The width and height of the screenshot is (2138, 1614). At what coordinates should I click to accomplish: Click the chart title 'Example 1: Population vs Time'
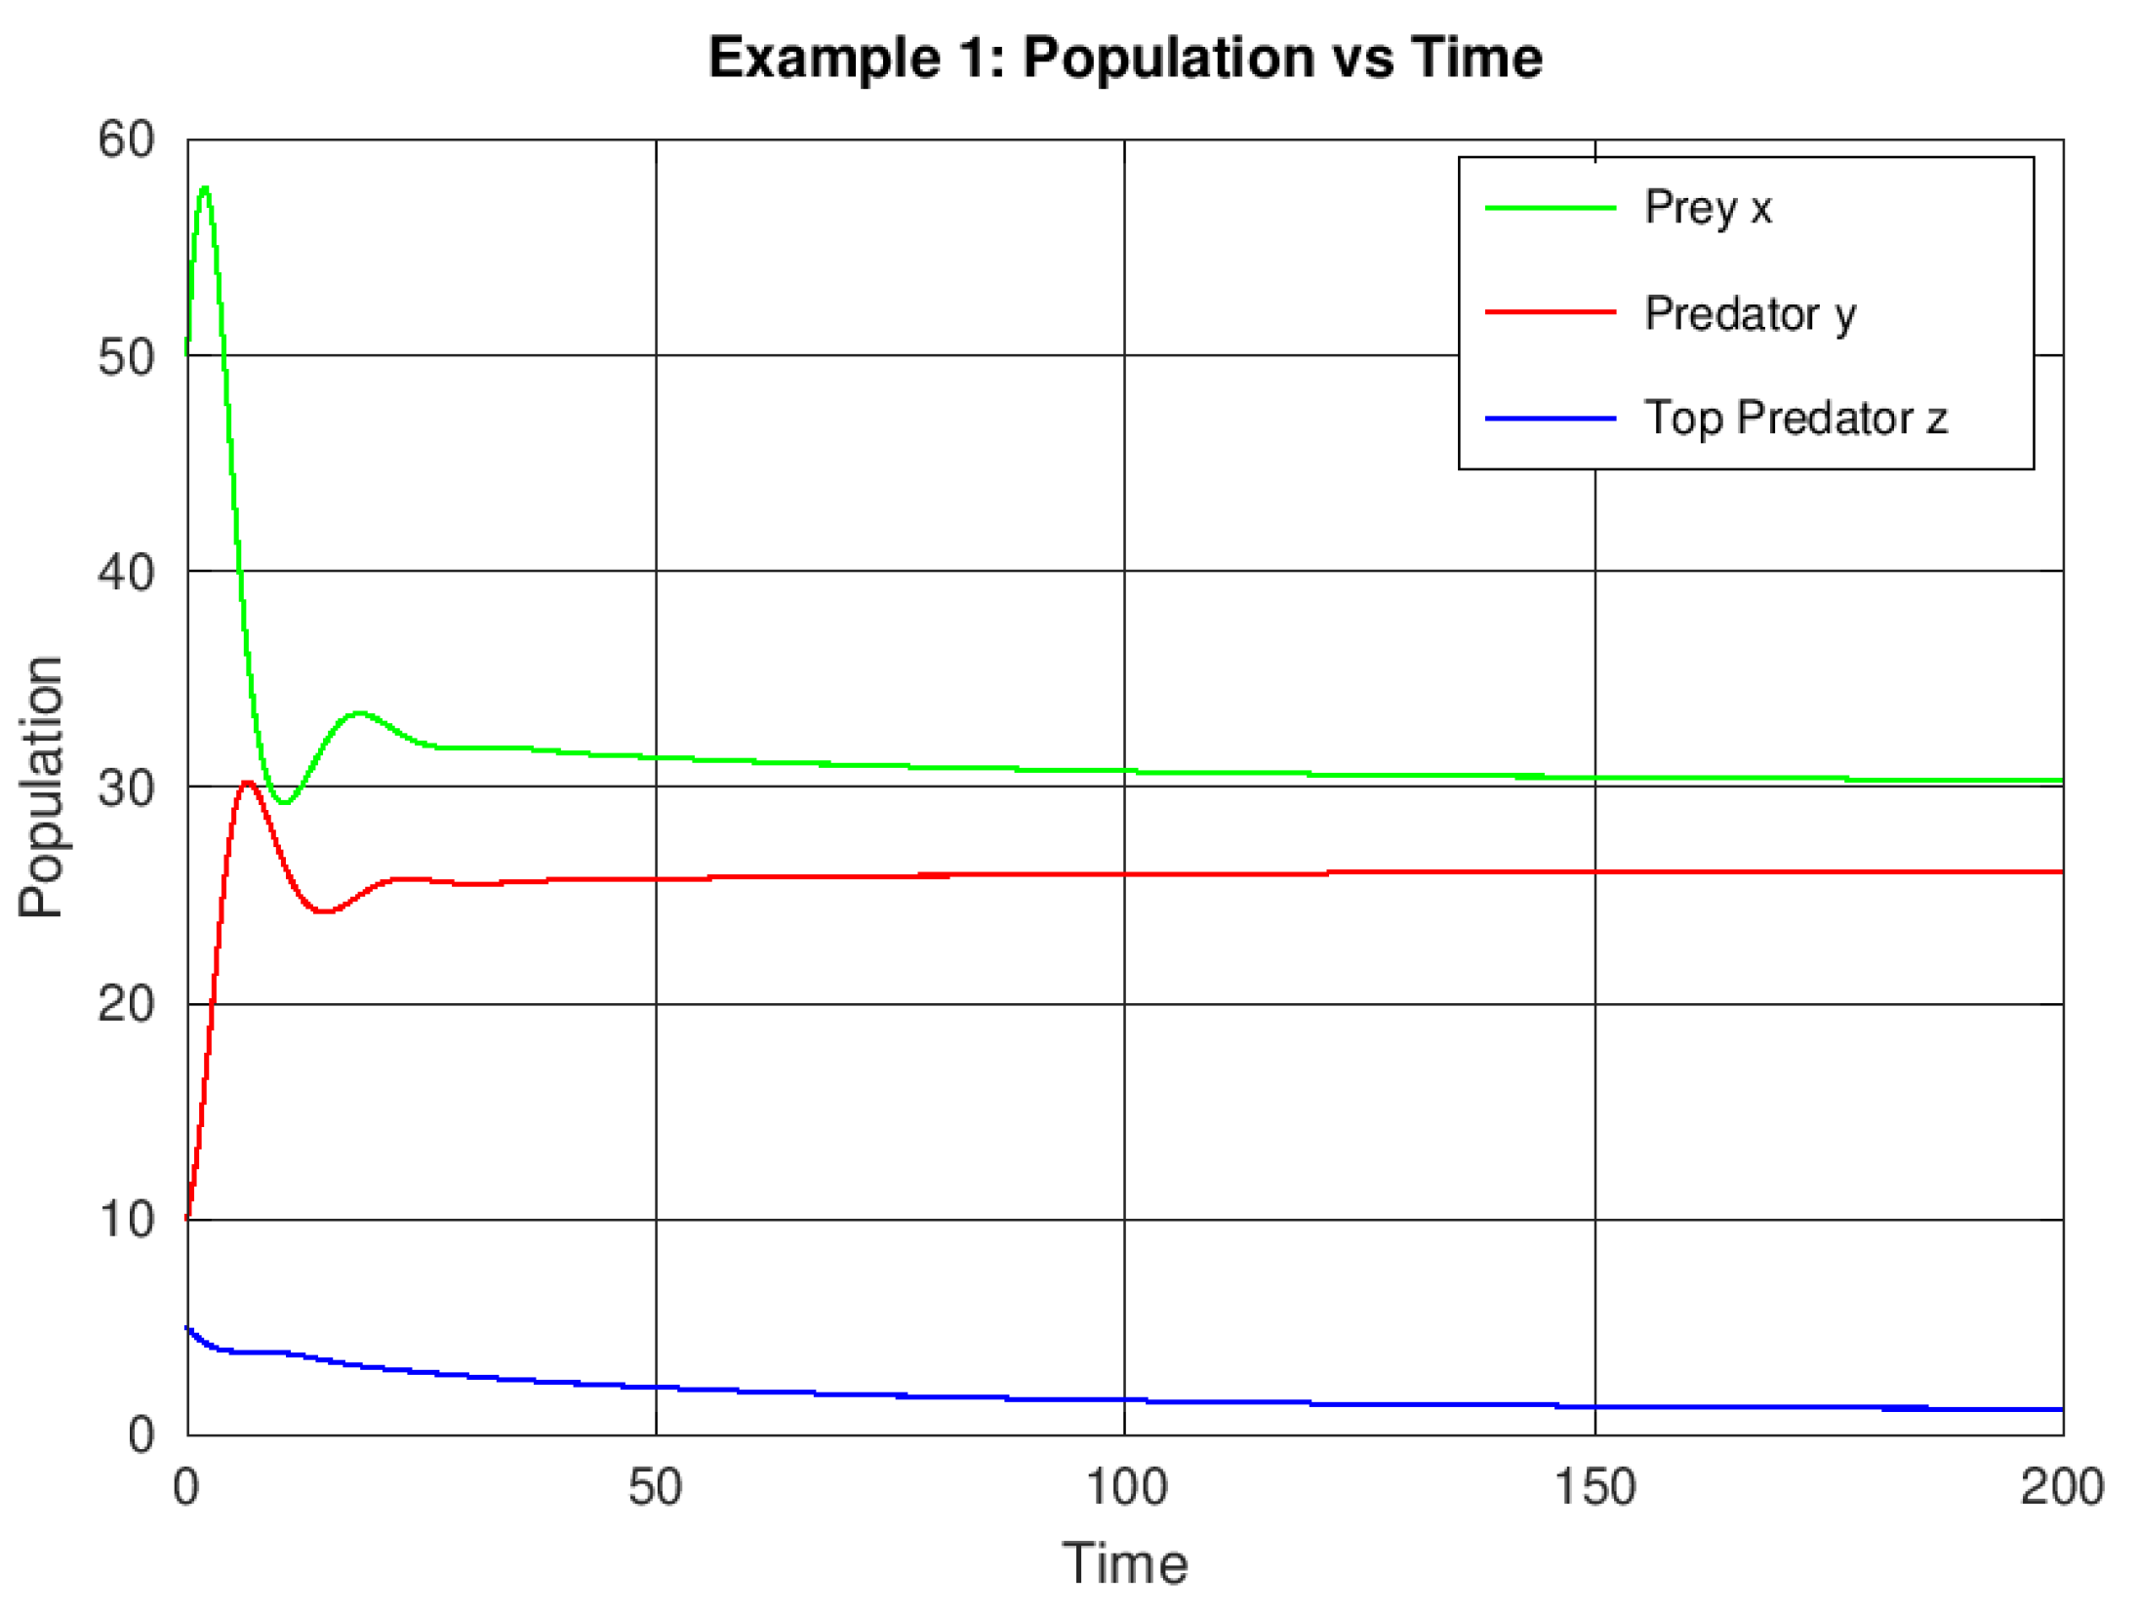(x=1124, y=58)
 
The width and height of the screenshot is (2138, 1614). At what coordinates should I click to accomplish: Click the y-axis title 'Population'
(x=41, y=787)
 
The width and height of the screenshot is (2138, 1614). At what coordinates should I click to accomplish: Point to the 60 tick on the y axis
(x=126, y=140)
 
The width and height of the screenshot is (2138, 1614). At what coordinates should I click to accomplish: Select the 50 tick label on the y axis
(x=126, y=357)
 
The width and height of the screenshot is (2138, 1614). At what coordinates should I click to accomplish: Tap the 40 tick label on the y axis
(x=126, y=572)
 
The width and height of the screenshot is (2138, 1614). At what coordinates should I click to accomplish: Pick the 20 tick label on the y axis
(x=126, y=1004)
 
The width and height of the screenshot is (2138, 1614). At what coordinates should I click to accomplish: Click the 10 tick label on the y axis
(x=126, y=1220)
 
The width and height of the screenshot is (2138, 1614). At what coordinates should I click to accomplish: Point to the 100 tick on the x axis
(x=1125, y=1486)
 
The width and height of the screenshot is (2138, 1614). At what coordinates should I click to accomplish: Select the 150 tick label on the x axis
(x=1594, y=1486)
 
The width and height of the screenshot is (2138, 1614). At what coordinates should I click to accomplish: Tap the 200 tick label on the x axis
(x=2061, y=1486)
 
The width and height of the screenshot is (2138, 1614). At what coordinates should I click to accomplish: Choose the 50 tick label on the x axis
(x=655, y=1486)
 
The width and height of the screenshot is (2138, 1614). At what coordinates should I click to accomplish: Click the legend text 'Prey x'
(x=1707, y=208)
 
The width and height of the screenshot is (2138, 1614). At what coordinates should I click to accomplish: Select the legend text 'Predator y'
(x=1750, y=313)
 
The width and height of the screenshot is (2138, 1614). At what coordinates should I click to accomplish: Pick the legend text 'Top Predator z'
(x=1795, y=419)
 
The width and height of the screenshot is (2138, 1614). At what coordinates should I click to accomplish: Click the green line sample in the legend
(x=1550, y=208)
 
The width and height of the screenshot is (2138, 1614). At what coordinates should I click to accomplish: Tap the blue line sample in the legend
(x=1550, y=419)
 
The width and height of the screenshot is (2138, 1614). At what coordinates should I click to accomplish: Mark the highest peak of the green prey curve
(x=204, y=187)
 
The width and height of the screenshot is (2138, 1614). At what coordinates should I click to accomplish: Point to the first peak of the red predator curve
(x=248, y=783)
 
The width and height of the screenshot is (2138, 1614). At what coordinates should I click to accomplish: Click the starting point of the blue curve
(x=187, y=1327)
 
